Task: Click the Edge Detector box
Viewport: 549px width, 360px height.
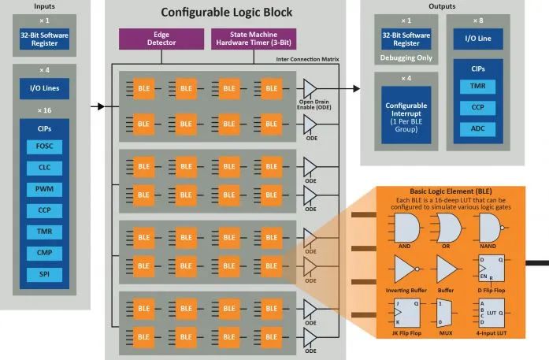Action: tap(162, 39)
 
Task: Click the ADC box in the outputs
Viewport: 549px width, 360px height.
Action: tap(477, 128)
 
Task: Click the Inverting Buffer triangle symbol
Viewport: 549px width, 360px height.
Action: tap(405, 269)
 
